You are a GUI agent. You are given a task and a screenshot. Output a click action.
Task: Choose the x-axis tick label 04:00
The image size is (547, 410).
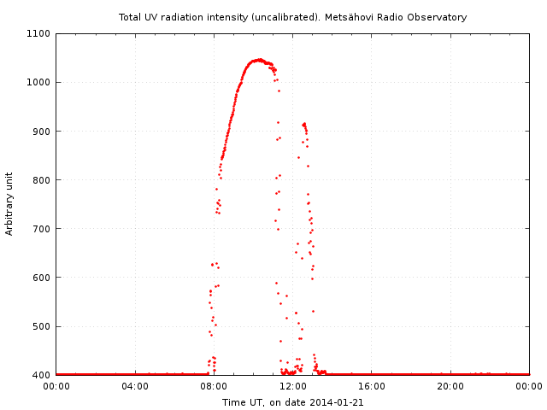click(x=135, y=386)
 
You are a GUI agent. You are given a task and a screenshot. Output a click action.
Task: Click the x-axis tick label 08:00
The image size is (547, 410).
click(x=214, y=386)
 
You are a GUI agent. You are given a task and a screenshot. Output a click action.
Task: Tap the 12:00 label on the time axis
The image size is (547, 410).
click(x=292, y=386)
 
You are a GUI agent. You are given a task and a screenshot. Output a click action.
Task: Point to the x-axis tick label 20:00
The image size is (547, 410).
click(x=450, y=386)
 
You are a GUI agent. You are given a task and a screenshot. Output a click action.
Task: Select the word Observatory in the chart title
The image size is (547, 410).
click(x=438, y=17)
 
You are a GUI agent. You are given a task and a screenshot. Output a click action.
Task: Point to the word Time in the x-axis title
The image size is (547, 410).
click(x=233, y=402)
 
